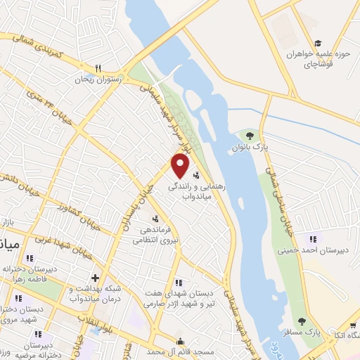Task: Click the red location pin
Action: pyautogui.click(x=180, y=167)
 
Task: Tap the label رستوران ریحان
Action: pyautogui.click(x=101, y=80)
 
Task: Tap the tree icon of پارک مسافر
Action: pyautogui.click(x=302, y=321)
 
